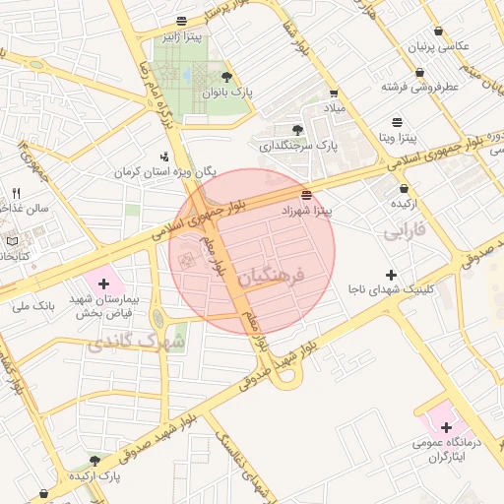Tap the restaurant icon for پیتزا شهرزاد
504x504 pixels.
tap(307, 194)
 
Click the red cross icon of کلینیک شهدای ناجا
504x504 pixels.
tap(391, 275)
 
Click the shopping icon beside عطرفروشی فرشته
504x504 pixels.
tap(420, 72)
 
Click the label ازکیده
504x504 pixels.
tap(406, 203)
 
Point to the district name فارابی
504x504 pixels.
tap(403, 233)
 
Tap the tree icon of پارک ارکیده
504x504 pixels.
tap(94, 460)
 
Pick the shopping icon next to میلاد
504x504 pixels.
tap(334, 94)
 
